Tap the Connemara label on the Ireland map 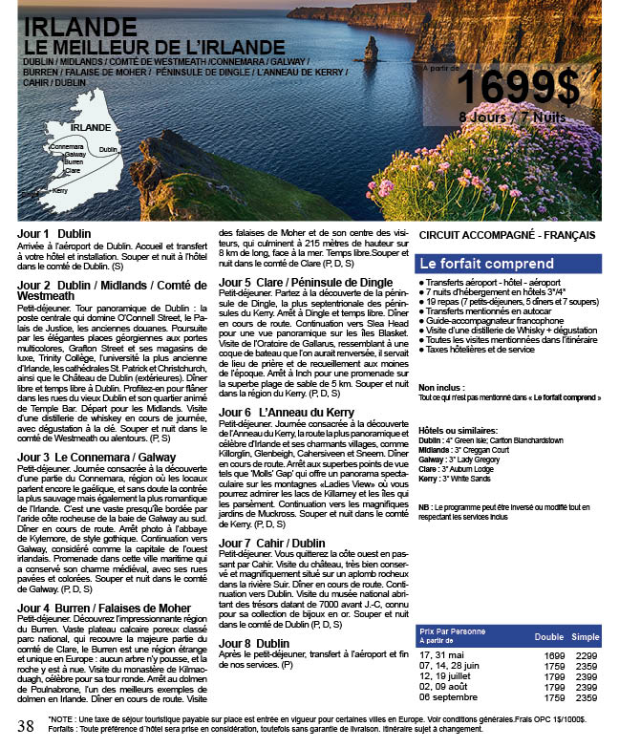[x=67, y=146]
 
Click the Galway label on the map [x=75, y=154]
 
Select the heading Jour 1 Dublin [x=54, y=233]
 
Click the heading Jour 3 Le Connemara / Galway [x=96, y=431]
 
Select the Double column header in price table [x=548, y=636]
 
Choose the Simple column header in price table [x=586, y=636]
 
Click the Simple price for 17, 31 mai [x=586, y=654]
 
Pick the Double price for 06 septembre [x=554, y=697]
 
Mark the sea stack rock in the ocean [x=371, y=50]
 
